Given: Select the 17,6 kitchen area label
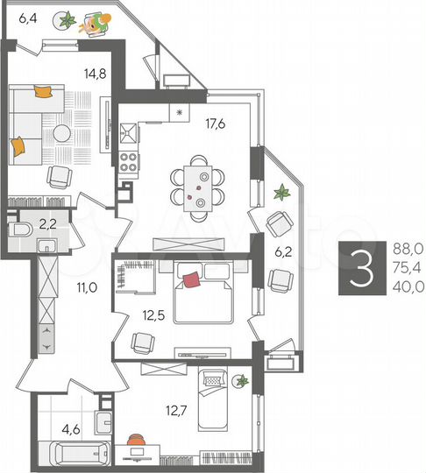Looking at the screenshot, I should (x=216, y=124).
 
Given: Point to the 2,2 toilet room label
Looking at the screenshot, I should (x=47, y=224).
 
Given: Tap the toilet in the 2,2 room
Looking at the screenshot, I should (x=24, y=229).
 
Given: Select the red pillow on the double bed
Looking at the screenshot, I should (x=191, y=279).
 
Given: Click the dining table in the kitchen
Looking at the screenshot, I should (x=200, y=186).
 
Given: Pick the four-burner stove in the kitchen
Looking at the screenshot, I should (x=128, y=162).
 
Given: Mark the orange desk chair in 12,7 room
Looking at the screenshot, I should (x=134, y=443).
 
